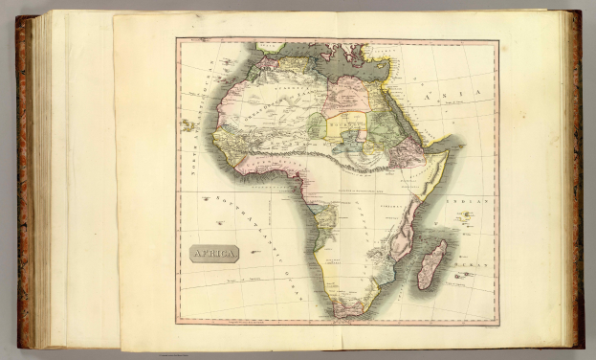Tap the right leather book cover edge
[576, 182]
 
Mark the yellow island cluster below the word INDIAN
[466, 218]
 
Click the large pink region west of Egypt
[347, 96]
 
